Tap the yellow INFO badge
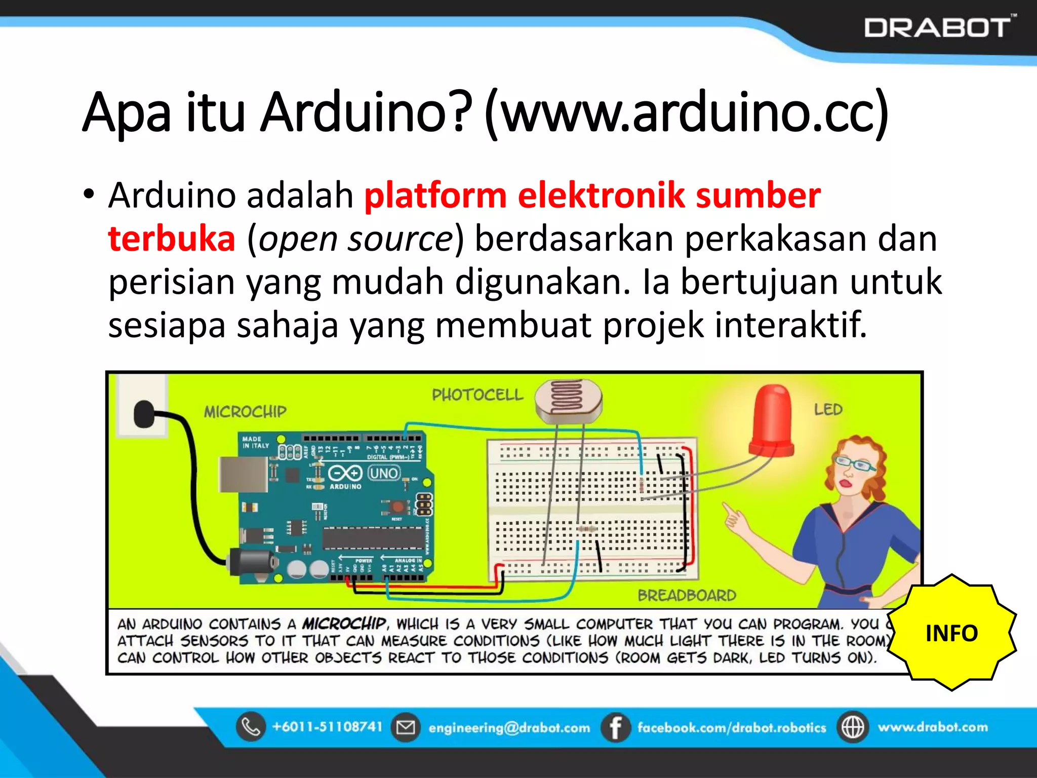click(x=951, y=633)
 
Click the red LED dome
click(x=773, y=420)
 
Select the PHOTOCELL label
click(x=477, y=395)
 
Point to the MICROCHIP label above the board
click(x=245, y=411)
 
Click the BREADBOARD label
click(x=687, y=595)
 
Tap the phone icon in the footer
click(x=251, y=727)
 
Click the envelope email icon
click(x=405, y=727)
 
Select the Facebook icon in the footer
click(x=615, y=727)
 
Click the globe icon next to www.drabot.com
click(x=853, y=727)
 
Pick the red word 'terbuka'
click(x=172, y=239)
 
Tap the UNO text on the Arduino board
click(x=384, y=473)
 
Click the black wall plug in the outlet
click(x=144, y=414)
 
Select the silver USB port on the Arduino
click(x=242, y=474)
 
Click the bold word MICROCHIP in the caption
click(x=344, y=623)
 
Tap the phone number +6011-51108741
click(x=327, y=727)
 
